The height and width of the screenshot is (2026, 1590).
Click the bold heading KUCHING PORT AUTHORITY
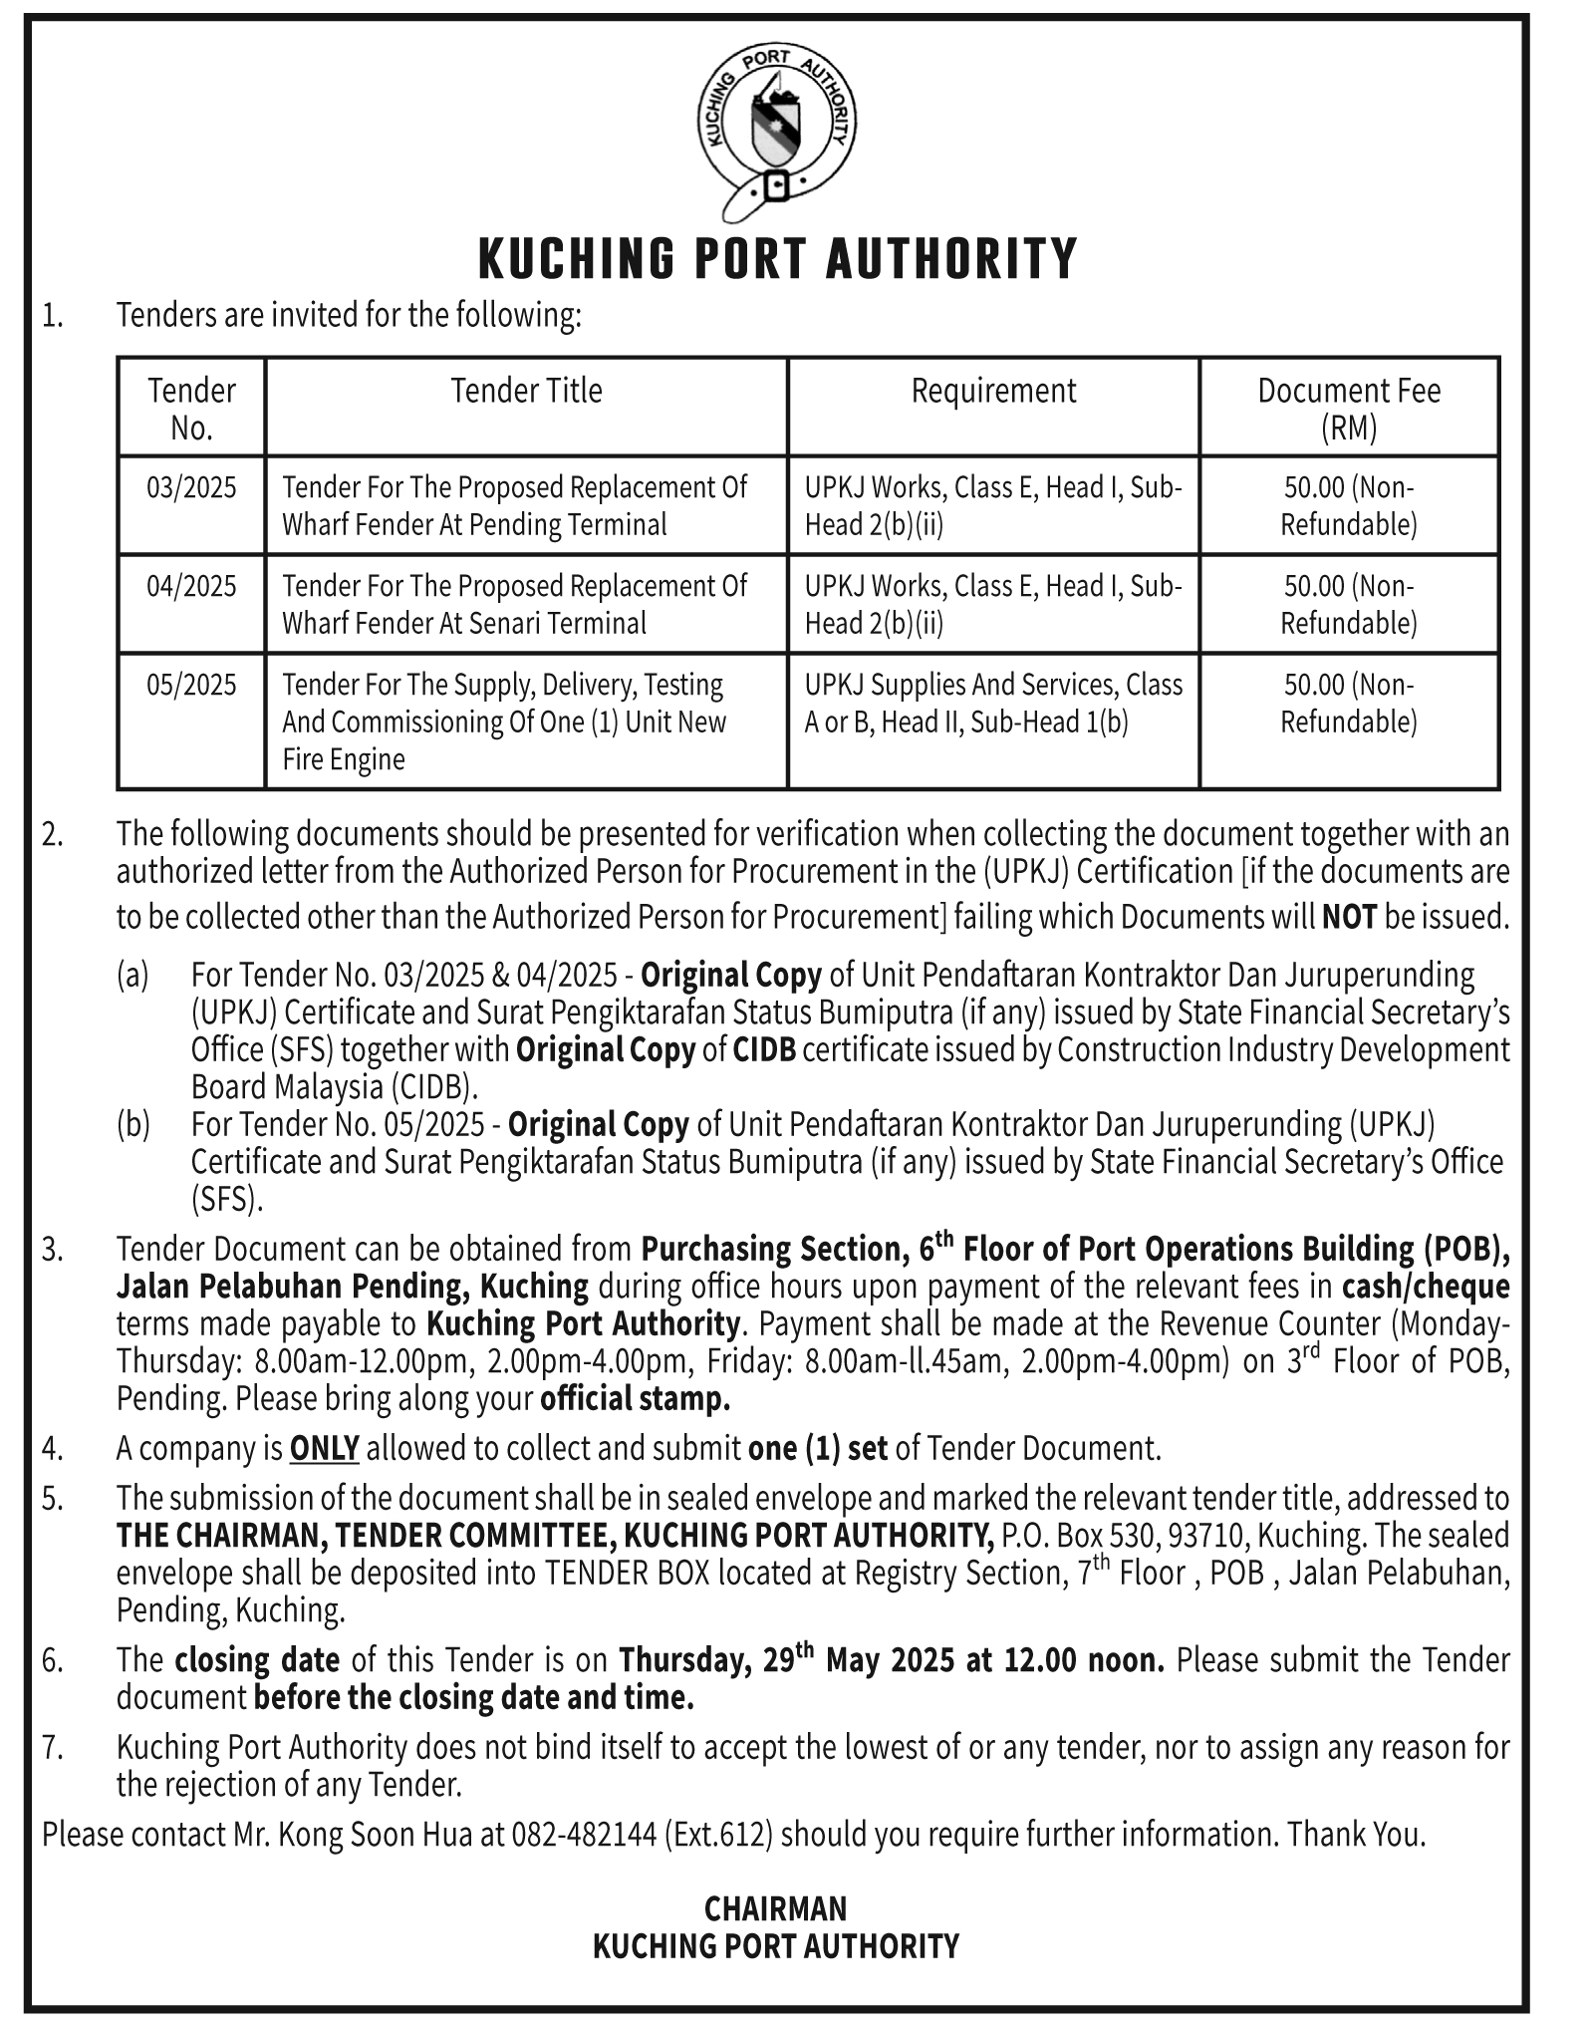click(777, 258)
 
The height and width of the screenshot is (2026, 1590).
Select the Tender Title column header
click(526, 391)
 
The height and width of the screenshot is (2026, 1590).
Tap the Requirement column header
click(993, 391)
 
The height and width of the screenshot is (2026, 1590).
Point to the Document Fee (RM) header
click(1349, 408)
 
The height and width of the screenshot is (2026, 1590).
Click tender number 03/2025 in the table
click(191, 488)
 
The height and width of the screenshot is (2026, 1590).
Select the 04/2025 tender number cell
click(191, 586)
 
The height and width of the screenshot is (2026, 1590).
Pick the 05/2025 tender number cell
click(191, 685)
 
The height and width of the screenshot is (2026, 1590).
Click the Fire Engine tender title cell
click(504, 722)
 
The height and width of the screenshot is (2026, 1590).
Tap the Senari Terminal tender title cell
click(514, 604)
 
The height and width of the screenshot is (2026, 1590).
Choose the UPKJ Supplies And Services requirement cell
click(993, 703)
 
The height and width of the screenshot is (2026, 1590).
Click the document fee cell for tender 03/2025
click(1349, 505)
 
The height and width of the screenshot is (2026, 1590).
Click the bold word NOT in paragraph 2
click(1349, 916)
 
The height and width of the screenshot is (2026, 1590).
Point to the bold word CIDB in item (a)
click(764, 1050)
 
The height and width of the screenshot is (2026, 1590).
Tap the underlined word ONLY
click(324, 1448)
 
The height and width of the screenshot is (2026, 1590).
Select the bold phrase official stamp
click(635, 1398)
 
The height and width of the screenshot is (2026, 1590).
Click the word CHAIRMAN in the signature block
click(775, 1908)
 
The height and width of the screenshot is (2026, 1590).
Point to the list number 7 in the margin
click(53, 1747)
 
